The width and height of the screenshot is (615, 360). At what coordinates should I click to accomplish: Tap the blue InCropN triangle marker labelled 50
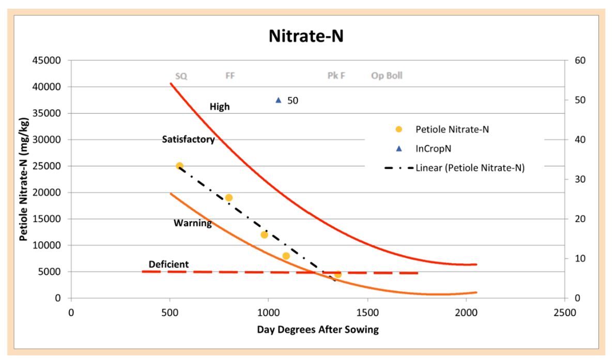point(279,100)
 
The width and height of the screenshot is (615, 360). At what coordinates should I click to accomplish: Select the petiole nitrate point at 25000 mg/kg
point(179,166)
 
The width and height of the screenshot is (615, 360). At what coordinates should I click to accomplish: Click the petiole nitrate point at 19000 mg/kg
point(229,198)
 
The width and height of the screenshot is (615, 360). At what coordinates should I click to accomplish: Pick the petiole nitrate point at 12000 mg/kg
point(265,235)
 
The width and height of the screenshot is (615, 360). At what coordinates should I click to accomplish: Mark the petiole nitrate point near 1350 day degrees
point(338,274)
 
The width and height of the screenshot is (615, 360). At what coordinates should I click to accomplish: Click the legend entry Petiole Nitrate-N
point(452,129)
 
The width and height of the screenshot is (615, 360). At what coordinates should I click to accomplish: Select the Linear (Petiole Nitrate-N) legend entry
point(470,168)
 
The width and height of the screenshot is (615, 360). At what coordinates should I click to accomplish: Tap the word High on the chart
point(220,107)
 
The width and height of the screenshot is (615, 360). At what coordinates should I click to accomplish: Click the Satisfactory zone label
point(189,139)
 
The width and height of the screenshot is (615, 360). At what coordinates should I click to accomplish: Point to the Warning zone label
point(193,224)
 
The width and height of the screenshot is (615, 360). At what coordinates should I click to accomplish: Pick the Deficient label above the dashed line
point(168,264)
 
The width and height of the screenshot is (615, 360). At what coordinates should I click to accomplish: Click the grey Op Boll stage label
point(387,76)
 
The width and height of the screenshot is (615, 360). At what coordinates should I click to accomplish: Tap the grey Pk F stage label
point(336,76)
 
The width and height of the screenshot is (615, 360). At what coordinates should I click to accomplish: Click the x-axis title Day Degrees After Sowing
point(318,330)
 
